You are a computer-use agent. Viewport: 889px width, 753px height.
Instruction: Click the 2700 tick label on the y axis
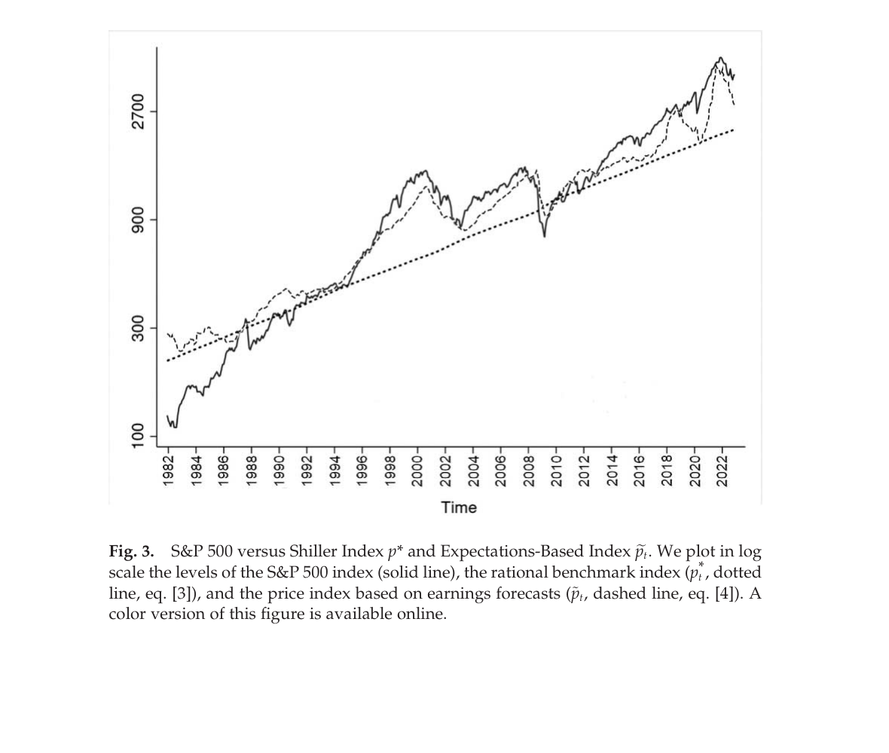pos(137,111)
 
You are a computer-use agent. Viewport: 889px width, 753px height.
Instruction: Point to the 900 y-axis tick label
pos(137,220)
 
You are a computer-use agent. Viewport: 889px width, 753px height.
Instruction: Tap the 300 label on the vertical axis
pos(137,328)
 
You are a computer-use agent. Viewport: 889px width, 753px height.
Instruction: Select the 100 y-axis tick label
pos(137,436)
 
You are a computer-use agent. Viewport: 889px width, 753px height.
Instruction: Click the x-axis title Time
pos(459,508)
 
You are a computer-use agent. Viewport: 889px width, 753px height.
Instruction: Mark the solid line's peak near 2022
pos(721,58)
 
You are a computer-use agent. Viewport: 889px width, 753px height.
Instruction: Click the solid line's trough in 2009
pos(545,236)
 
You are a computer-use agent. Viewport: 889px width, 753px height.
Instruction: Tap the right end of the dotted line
pos(733,130)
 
